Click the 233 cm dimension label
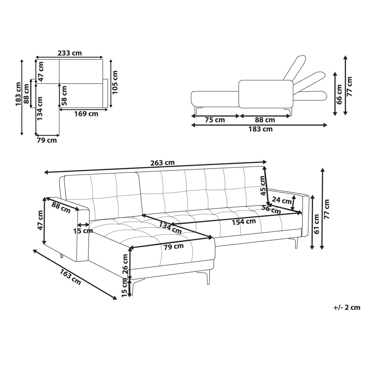pos(70,53)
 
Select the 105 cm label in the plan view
pos(115,82)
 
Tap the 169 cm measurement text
pos(86,114)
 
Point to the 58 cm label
pos(64,95)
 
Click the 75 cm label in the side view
pos(215,120)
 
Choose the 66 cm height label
pos(339,94)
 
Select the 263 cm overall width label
pos(162,163)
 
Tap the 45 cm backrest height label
pos(263,185)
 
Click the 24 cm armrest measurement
pos(282,200)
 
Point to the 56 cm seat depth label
pos(271,210)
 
